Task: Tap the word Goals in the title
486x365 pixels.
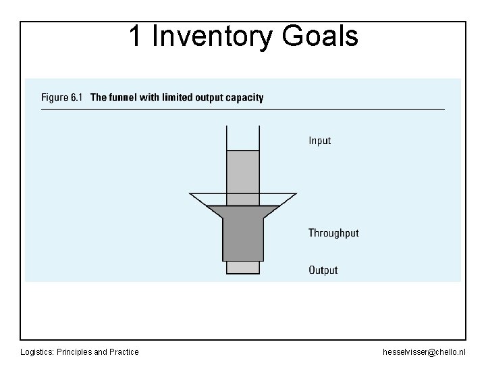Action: click(320, 36)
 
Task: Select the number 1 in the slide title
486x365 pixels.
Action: click(135, 36)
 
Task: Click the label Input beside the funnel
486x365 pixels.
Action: click(319, 141)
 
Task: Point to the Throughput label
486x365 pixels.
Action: click(333, 233)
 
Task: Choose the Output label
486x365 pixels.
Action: click(323, 270)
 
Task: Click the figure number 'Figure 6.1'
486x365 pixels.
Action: click(61, 97)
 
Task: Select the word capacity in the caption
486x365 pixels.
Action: click(244, 97)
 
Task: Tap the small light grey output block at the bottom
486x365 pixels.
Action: click(243, 268)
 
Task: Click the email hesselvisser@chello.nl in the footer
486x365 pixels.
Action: click(424, 352)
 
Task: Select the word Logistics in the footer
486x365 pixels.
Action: click(38, 352)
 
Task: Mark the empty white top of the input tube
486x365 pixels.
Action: click(243, 138)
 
